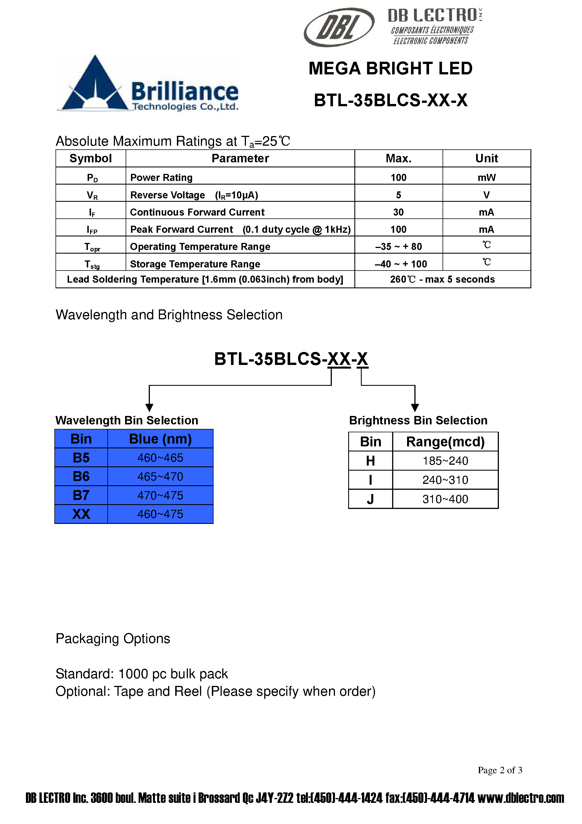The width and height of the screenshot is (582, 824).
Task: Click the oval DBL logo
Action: tap(339, 27)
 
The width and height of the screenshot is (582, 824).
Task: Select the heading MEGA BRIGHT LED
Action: tap(390, 68)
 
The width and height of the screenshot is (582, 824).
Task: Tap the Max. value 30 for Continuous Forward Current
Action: tap(398, 212)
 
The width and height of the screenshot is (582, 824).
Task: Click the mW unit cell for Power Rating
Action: tap(486, 177)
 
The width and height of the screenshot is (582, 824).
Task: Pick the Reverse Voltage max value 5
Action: tap(398, 195)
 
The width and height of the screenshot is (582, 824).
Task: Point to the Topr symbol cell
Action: tap(92, 247)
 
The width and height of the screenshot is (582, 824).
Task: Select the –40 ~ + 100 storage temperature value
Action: tap(400, 264)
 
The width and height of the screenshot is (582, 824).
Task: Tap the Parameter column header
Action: tap(240, 158)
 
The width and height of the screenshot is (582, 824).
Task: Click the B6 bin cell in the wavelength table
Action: tap(81, 476)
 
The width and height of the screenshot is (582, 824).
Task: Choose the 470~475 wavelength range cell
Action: tap(160, 495)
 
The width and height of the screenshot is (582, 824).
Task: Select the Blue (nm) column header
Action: tap(160, 438)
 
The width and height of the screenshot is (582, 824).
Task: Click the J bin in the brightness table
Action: tap(370, 499)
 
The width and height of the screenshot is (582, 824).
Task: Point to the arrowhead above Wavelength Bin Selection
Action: tap(149, 407)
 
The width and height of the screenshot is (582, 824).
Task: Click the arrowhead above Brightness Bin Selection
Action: tap(415, 407)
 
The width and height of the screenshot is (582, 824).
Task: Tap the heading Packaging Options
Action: tap(113, 639)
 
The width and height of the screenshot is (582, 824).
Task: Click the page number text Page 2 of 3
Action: tap(499, 770)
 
